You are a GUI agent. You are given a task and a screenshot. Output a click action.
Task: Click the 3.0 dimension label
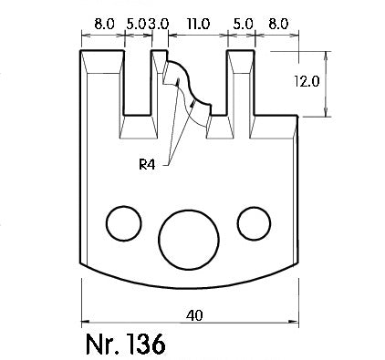[x=158, y=24]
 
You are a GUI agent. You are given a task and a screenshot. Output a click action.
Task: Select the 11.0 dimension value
[x=198, y=24]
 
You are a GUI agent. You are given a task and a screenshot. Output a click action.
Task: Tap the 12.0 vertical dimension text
[x=307, y=81]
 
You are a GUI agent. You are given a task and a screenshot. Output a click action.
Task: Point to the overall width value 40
[x=194, y=315]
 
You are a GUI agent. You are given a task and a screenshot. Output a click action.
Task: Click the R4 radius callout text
[x=147, y=165]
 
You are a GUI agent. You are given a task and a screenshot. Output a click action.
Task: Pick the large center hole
[x=189, y=240]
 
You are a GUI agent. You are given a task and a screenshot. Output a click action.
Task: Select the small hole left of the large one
[x=124, y=223]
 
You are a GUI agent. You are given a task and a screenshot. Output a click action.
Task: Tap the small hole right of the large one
[x=255, y=223]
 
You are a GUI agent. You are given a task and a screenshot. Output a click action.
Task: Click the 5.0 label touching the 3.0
[x=137, y=24]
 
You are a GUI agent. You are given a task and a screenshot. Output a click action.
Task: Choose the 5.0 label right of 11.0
[x=243, y=24]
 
